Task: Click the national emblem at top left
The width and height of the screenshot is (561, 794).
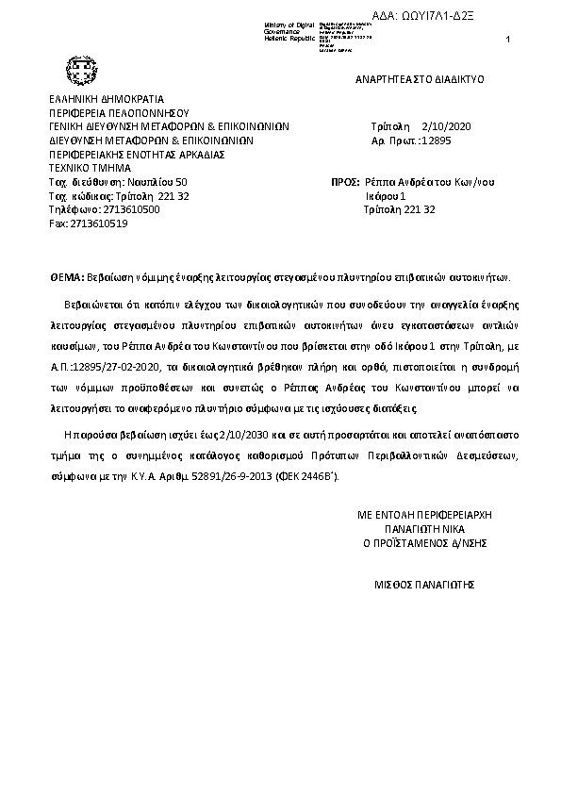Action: point(76,69)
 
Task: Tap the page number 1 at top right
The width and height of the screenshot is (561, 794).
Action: point(508,39)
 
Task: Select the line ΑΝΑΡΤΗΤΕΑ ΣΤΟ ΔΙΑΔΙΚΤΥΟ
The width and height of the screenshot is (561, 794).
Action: point(420,79)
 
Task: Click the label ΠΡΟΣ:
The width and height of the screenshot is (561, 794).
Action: point(343,181)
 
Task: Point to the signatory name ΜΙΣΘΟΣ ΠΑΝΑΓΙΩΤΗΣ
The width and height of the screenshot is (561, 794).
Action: point(424,585)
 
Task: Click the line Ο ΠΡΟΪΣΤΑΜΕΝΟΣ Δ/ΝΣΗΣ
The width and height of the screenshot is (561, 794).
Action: point(425,544)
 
